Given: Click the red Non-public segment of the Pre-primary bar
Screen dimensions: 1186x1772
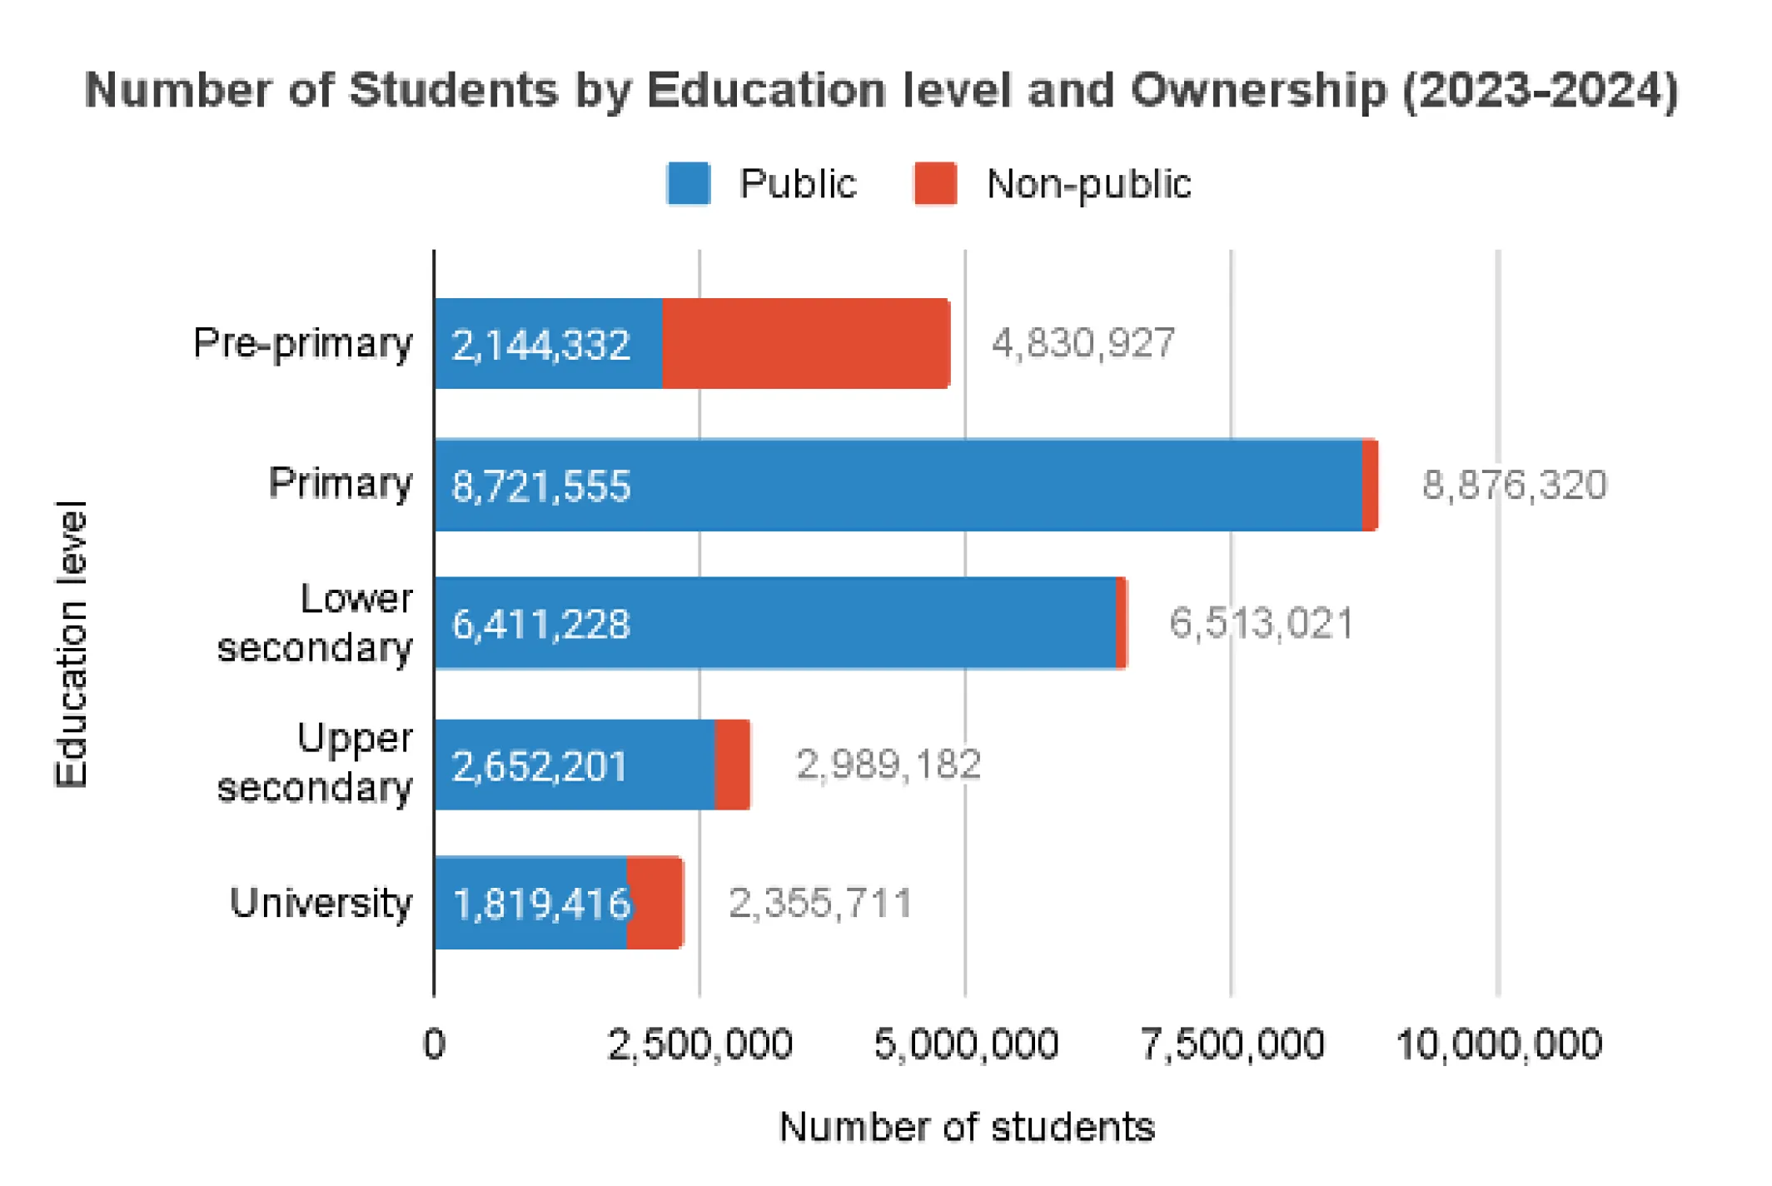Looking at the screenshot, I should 805,343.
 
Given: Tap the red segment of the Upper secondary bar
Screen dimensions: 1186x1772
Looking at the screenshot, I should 732,765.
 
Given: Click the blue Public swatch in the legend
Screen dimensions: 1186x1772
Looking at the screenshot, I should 688,183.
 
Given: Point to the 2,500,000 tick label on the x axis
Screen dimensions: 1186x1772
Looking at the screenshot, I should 699,1044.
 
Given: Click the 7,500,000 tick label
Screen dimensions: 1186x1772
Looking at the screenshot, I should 1231,1044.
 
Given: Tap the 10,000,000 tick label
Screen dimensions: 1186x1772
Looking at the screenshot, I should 1498,1044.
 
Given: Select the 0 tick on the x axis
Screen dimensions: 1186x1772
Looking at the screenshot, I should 434,1044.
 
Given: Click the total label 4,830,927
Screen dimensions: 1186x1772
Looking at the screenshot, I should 1083,343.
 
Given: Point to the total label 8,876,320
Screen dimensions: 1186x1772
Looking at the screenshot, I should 1514,485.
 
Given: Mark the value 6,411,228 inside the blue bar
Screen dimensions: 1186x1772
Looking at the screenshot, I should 540,625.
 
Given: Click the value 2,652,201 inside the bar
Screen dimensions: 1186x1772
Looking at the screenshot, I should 539,766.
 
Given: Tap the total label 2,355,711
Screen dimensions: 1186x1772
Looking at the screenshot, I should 820,904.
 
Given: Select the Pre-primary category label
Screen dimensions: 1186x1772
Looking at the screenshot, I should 302,343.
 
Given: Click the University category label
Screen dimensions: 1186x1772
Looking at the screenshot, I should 321,903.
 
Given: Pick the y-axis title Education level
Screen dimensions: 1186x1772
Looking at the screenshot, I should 71,644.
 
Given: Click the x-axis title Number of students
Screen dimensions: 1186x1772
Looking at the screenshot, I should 967,1127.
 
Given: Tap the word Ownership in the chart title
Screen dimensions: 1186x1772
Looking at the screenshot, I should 1258,90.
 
